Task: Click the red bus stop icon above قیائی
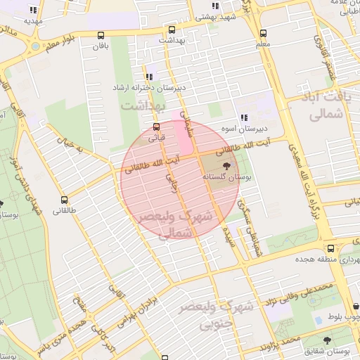coord(155,127)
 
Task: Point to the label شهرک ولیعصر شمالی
coord(176,226)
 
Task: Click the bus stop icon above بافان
coord(101,35)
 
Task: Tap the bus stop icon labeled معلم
coord(263,33)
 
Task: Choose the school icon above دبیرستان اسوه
coord(244,117)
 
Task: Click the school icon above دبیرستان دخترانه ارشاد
coord(148,77)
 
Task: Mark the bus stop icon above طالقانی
coord(65,200)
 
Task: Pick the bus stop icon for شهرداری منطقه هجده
coord(330,248)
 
